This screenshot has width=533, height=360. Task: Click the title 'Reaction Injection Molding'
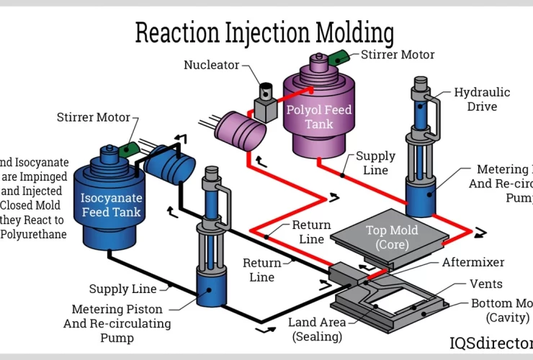click(265, 33)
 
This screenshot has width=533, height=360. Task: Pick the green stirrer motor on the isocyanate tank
click(130, 148)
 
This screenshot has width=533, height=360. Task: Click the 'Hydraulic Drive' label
click(482, 99)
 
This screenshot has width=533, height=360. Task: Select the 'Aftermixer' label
click(472, 263)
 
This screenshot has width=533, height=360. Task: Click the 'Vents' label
click(485, 284)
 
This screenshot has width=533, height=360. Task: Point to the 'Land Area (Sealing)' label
click(317, 329)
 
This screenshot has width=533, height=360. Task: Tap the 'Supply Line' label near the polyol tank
click(376, 163)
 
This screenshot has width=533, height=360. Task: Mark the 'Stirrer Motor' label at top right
click(398, 54)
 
